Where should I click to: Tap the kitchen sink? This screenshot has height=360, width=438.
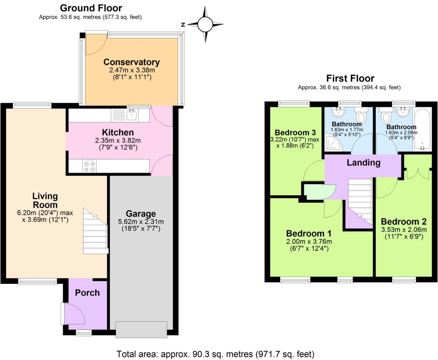click(131, 115)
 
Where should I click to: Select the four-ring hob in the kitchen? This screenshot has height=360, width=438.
click(90, 166)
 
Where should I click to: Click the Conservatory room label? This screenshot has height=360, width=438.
click(131, 62)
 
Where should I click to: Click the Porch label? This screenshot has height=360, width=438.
click(87, 293)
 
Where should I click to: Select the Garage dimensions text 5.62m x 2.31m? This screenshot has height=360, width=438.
click(141, 222)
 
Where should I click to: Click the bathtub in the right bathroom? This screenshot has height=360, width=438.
click(422, 130)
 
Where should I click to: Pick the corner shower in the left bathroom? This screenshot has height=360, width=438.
click(332, 143)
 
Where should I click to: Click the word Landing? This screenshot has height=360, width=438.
click(363, 162)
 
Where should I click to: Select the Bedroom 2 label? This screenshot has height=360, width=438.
click(404, 222)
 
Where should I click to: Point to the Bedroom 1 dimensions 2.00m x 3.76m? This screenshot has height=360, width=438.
click(309, 242)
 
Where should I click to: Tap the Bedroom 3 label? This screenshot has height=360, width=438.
click(295, 132)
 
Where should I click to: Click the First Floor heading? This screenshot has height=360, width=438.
click(350, 78)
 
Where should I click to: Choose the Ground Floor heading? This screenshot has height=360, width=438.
click(91, 8)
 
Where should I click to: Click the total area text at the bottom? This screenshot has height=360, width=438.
click(215, 354)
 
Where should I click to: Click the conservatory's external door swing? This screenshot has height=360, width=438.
click(94, 45)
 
